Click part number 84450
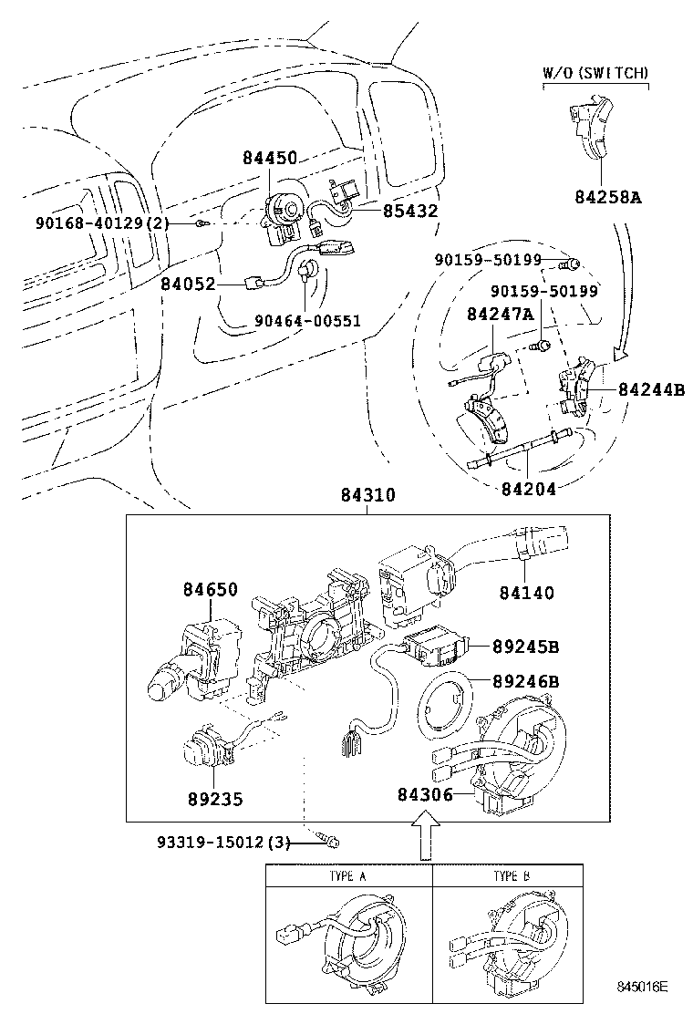[270, 158]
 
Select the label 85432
[410, 211]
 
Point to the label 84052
[188, 285]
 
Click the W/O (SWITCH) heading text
[595, 72]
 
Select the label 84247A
[500, 315]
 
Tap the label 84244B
[651, 389]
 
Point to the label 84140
[526, 593]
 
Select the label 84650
[210, 590]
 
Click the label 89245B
[526, 647]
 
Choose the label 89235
[214, 799]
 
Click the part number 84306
[425, 794]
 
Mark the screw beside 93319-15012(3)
[330, 842]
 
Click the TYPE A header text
[347, 876]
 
